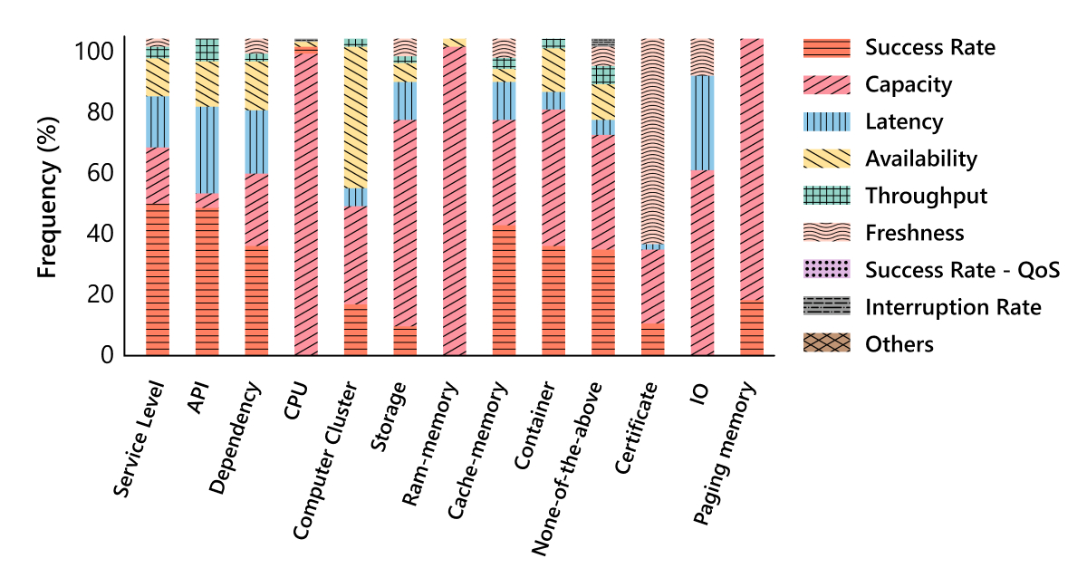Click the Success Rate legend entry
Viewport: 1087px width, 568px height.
point(929,47)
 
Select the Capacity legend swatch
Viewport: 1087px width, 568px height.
point(826,84)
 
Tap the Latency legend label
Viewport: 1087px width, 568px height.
point(903,121)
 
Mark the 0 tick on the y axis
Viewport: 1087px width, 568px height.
point(106,355)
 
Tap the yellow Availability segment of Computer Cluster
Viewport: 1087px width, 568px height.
point(356,117)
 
